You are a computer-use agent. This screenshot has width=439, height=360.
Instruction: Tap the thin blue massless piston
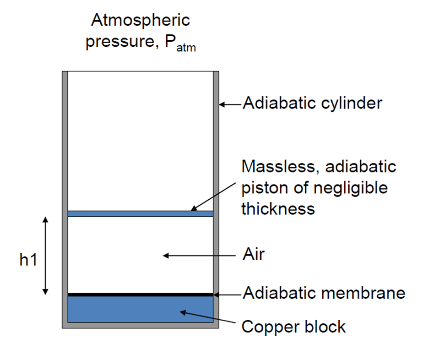click(x=141, y=213)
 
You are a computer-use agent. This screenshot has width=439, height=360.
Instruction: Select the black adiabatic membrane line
click(x=141, y=294)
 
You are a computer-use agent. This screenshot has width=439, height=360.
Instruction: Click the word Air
click(x=253, y=255)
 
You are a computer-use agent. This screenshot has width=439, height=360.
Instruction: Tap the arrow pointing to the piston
click(x=215, y=198)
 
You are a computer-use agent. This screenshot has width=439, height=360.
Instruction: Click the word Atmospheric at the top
click(x=141, y=21)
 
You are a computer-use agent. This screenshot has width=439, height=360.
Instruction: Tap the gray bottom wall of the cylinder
click(x=141, y=325)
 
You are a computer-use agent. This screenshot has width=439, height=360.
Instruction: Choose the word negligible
click(x=346, y=188)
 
